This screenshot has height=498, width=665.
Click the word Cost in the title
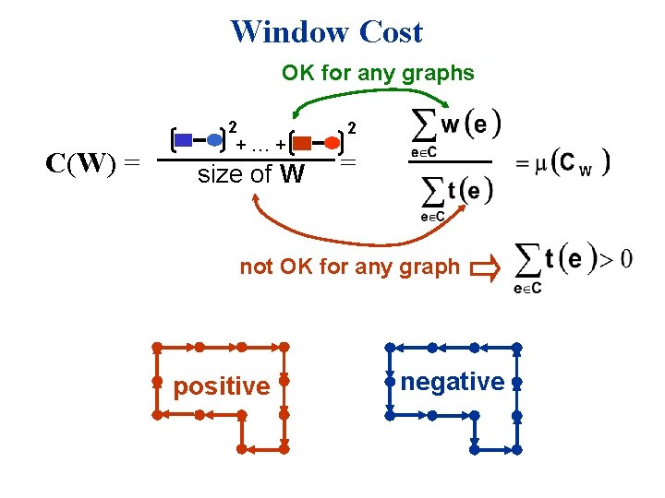click(x=391, y=31)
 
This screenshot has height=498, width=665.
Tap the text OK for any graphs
click(x=378, y=73)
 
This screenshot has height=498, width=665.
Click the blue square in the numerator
click(x=184, y=140)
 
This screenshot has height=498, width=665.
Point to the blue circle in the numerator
click(x=214, y=140)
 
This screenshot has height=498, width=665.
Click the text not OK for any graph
click(x=349, y=267)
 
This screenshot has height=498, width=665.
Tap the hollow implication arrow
click(x=483, y=268)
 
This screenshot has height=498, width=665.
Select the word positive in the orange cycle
click(x=222, y=385)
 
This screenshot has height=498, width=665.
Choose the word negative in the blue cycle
click(x=453, y=381)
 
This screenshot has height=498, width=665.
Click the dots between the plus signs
click(x=260, y=147)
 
